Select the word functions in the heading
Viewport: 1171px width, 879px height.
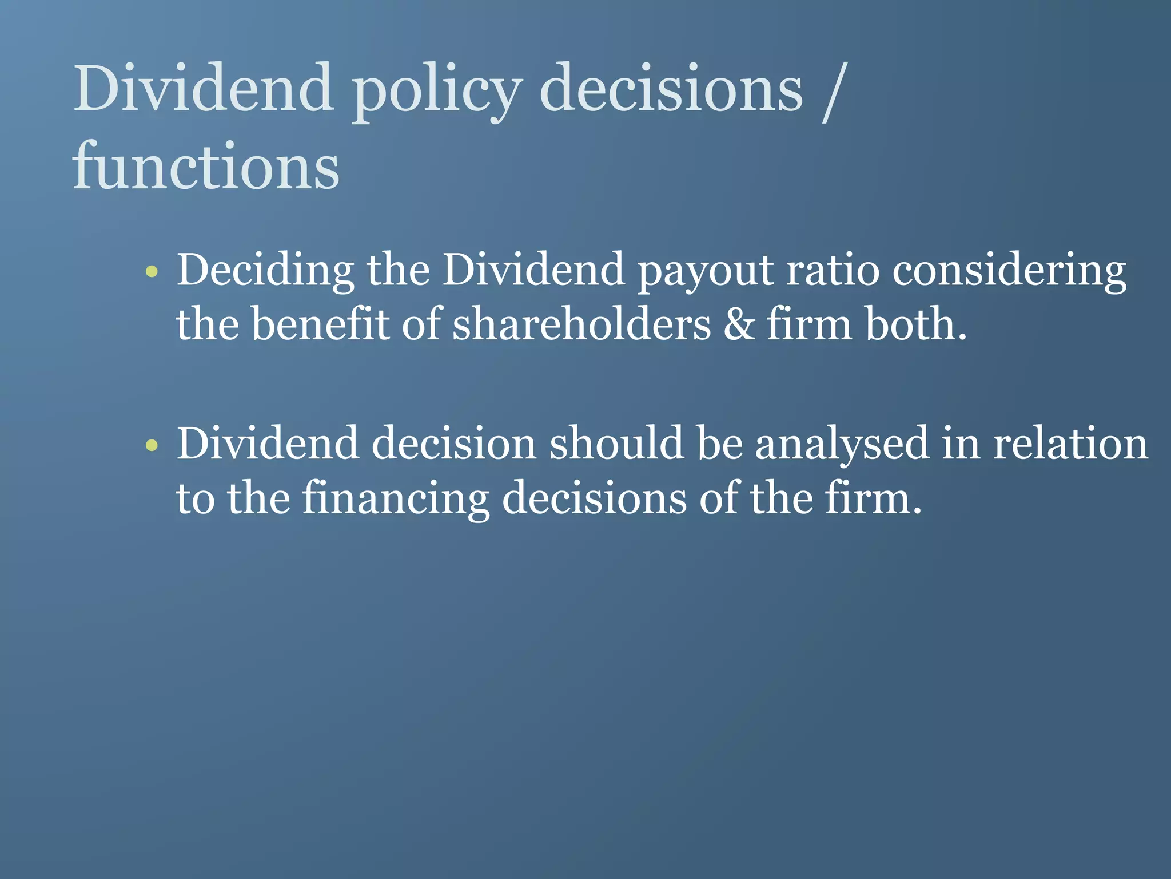pos(206,167)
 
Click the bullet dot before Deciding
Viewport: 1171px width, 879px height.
pos(152,271)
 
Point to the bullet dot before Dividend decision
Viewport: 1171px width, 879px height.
pos(152,445)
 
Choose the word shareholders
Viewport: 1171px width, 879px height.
pos(581,324)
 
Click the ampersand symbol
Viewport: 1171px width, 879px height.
pos(739,324)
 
